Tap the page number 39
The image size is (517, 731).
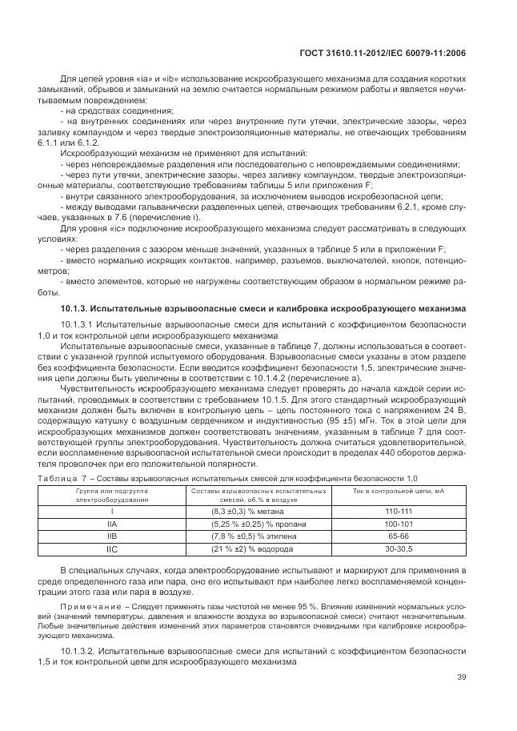click(461, 677)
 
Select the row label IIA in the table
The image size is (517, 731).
click(112, 523)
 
